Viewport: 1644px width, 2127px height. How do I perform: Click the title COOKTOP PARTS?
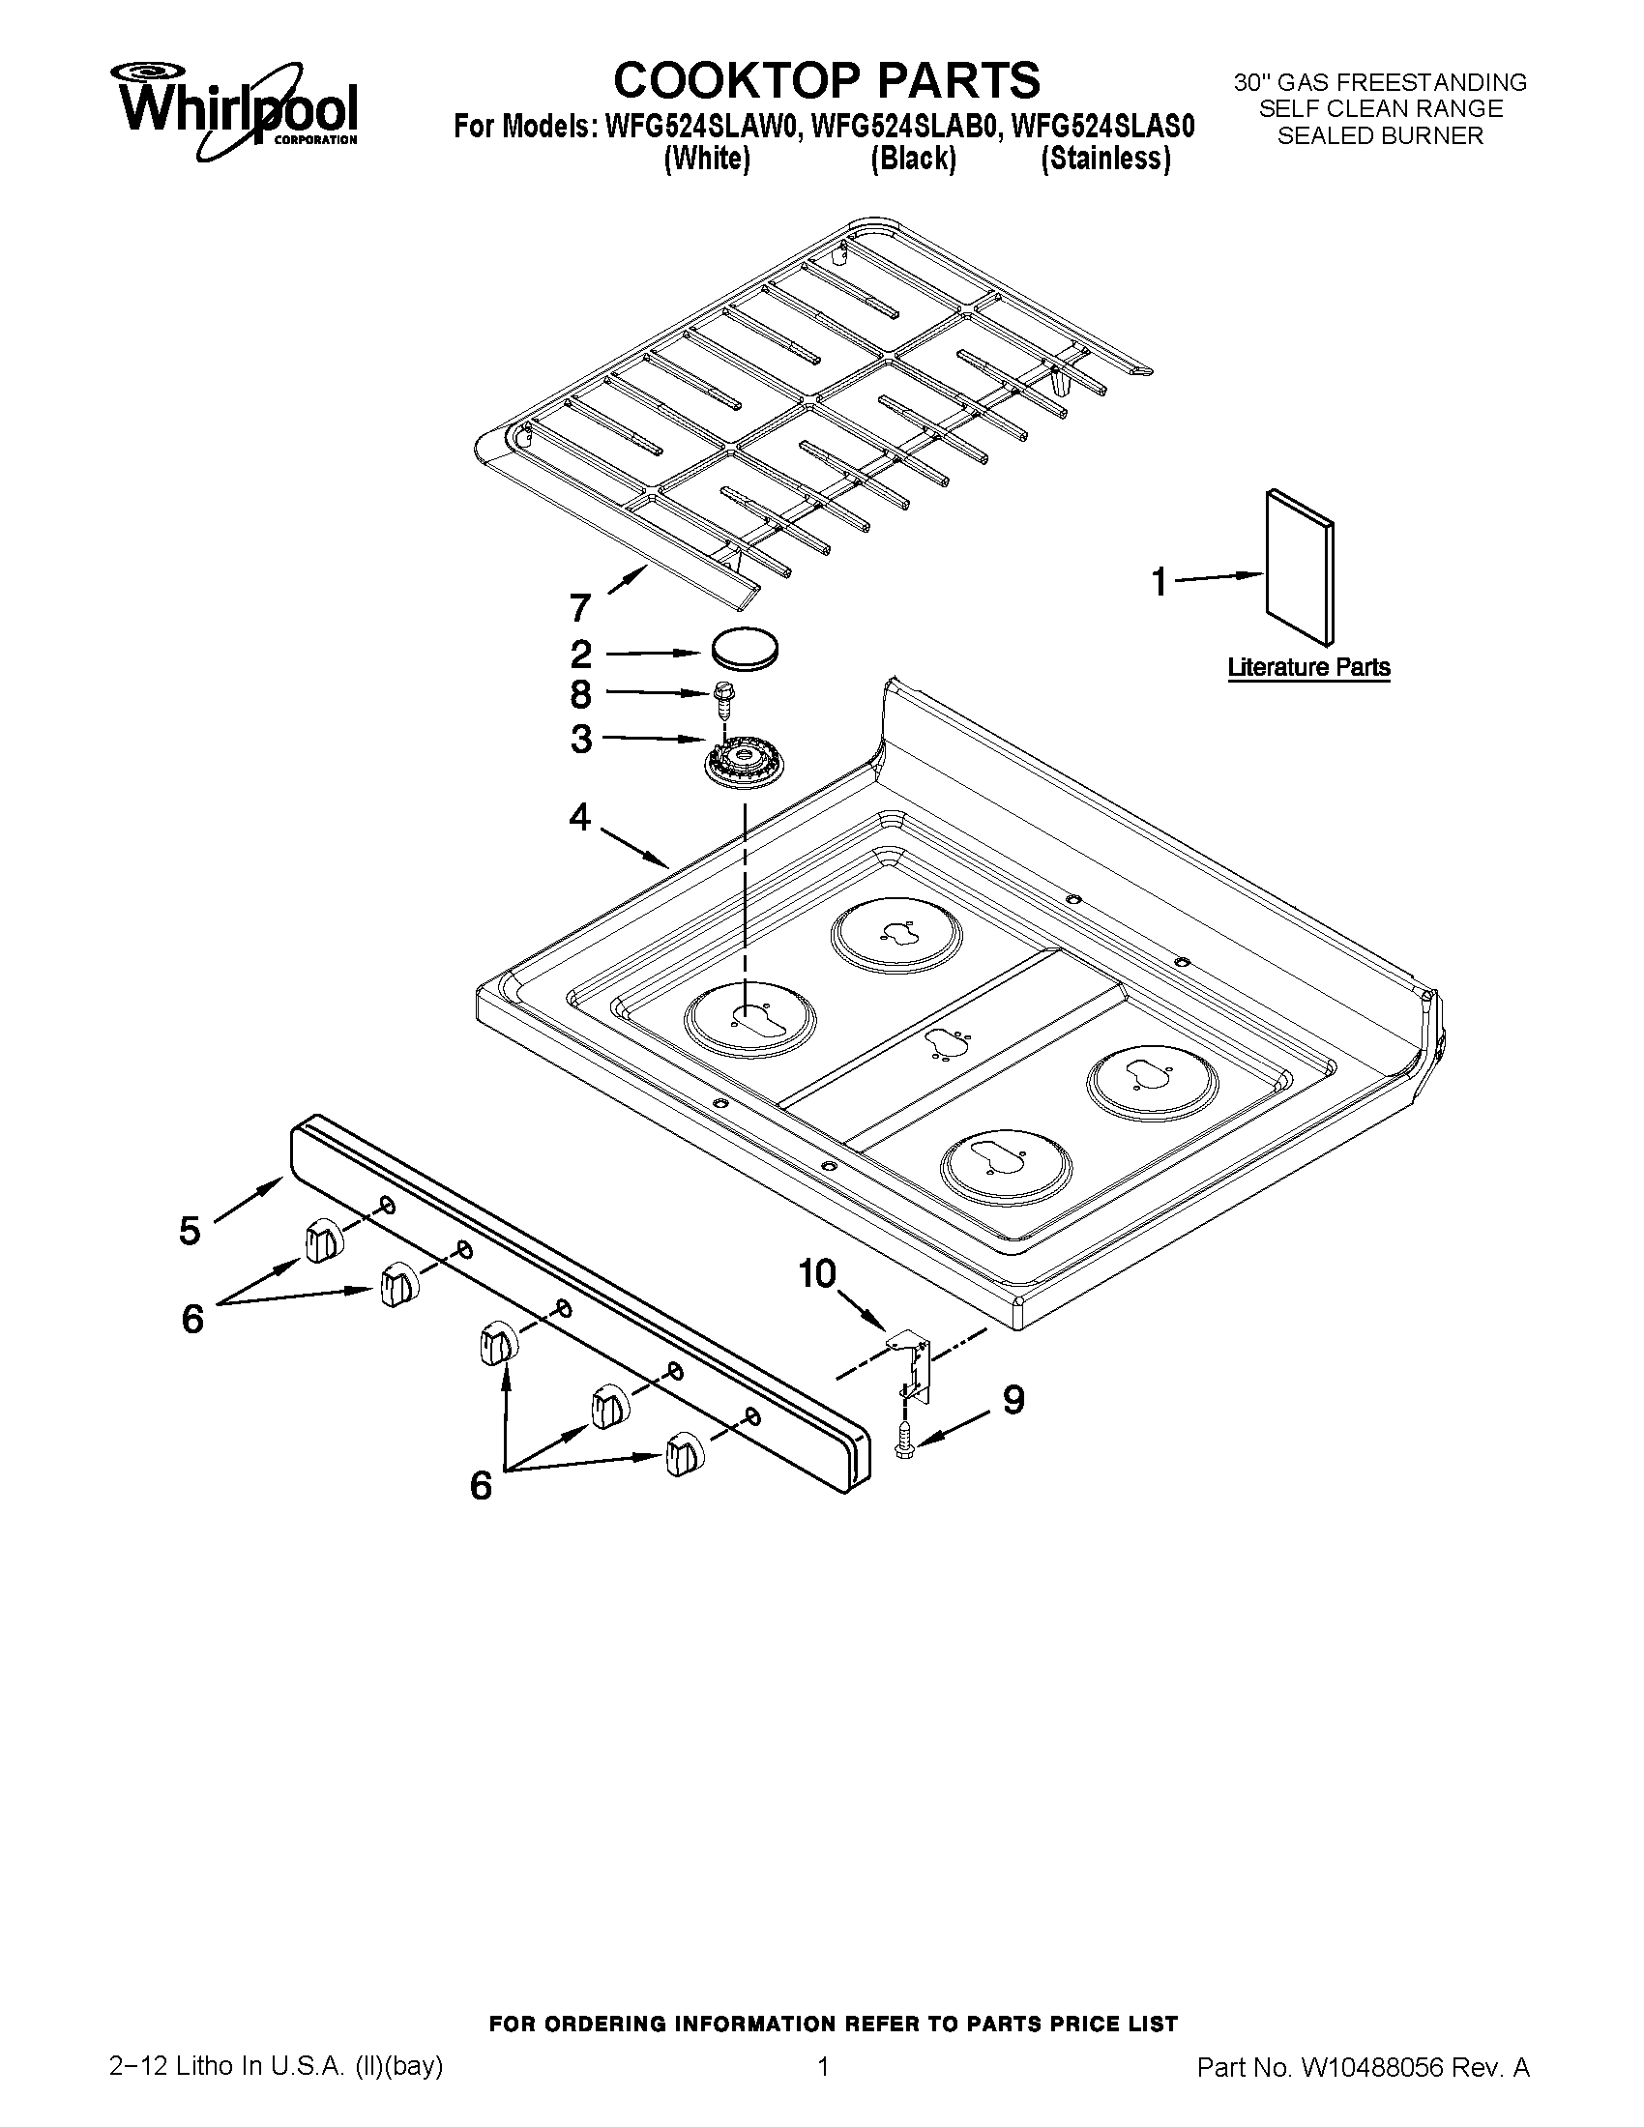(x=826, y=80)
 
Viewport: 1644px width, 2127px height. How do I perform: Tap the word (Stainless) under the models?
(x=1104, y=159)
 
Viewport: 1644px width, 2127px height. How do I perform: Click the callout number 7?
(x=579, y=609)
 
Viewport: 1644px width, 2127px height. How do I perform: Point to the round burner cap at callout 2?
(x=746, y=649)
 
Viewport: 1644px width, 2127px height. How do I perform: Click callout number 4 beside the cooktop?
(x=580, y=818)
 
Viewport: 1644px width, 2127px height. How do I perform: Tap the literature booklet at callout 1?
(x=1299, y=567)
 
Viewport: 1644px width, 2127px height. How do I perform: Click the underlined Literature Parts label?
(x=1308, y=668)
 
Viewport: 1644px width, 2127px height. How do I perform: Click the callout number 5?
(x=191, y=1231)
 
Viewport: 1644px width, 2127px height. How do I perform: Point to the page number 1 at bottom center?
(x=823, y=2088)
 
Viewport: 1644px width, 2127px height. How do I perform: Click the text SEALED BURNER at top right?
(x=1379, y=136)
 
